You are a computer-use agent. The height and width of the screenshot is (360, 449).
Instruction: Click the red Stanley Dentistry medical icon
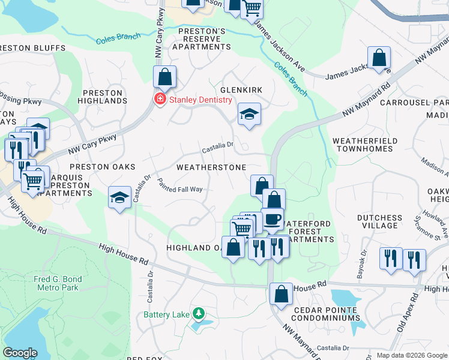tap(160, 100)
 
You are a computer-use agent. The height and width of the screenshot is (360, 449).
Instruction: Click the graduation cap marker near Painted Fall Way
tap(119, 197)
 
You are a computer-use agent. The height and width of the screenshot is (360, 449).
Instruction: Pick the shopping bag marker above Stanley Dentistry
tap(164, 77)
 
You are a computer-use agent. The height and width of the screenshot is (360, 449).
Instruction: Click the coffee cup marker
tap(273, 218)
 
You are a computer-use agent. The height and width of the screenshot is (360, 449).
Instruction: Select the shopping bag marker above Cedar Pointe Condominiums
tap(281, 294)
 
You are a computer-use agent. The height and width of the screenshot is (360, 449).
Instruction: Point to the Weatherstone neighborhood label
tap(211, 167)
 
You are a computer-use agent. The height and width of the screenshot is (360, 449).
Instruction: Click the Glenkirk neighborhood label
tap(242, 89)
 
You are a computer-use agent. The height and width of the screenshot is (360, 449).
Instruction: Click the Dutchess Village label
tap(379, 221)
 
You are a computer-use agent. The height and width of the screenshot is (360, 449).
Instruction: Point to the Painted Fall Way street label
tap(179, 185)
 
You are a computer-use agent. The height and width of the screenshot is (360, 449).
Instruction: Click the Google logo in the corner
tap(20, 353)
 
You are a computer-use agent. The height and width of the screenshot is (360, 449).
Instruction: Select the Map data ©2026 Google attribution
tap(412, 355)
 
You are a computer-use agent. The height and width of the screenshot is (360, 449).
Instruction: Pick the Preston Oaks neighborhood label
tap(103, 167)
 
